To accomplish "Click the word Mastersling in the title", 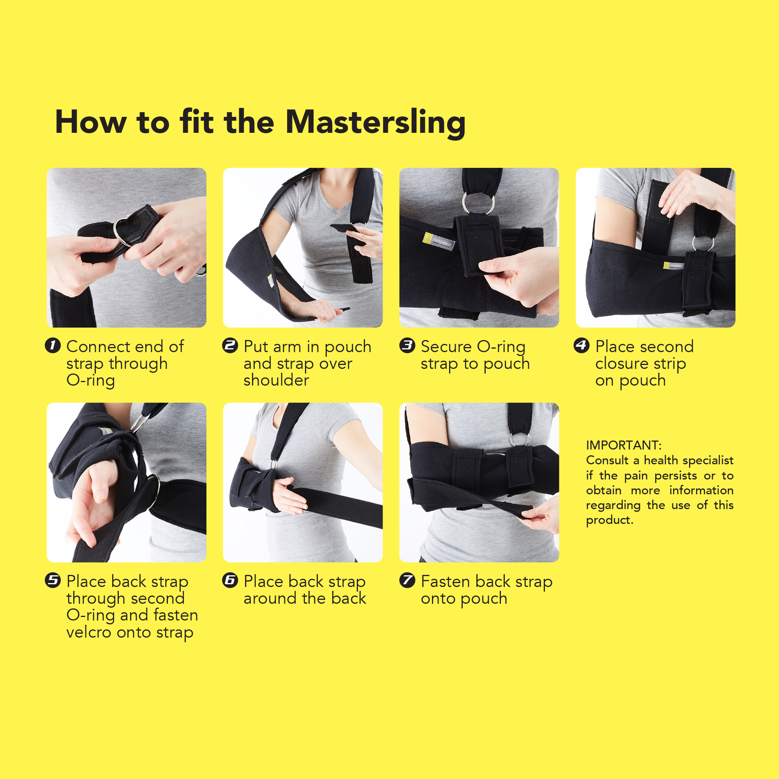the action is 375,122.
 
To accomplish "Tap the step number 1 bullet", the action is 53,345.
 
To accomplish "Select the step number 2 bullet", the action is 230,345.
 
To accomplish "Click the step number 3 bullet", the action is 407,345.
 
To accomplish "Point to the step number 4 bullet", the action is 582,345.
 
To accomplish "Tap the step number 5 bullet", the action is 53,581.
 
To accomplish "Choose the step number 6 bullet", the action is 230,581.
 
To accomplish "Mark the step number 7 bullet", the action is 407,581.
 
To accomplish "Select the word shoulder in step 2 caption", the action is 276,380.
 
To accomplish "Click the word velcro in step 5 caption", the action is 89,632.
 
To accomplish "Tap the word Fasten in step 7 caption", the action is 446,582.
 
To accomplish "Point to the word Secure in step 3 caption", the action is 446,346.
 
